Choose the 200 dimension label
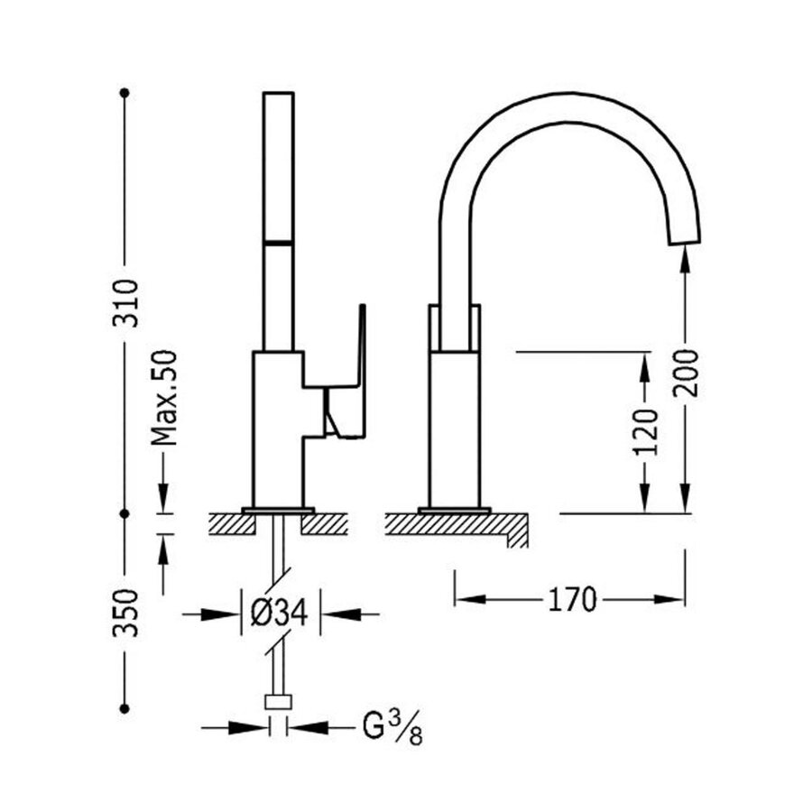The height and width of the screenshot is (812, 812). pos(687,371)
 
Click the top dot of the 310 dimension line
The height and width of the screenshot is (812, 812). pos(125,92)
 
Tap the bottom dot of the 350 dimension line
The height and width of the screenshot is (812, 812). pos(125,709)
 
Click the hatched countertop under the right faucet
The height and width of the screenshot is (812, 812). pos(451,523)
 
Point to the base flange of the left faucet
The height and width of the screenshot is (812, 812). pos(278,510)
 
